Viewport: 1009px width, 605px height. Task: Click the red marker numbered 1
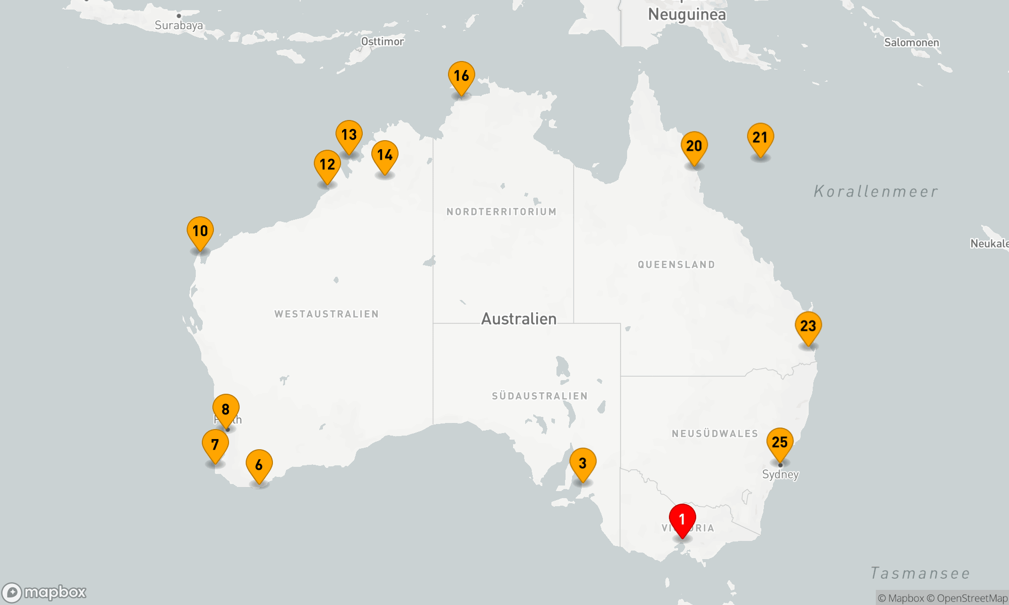tap(682, 519)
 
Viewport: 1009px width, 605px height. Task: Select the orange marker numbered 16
tap(461, 76)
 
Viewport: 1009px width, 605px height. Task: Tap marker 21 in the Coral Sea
tap(760, 138)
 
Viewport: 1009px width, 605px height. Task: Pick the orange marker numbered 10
tap(200, 231)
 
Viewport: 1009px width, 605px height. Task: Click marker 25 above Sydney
tap(779, 443)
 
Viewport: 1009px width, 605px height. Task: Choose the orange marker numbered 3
tap(583, 463)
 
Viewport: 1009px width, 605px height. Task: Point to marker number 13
tap(349, 135)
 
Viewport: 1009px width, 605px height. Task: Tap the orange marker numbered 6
tap(259, 465)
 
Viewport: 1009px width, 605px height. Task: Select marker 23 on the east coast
tap(808, 326)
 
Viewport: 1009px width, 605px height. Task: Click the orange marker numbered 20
tap(694, 146)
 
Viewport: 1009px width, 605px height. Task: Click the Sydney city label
tap(780, 474)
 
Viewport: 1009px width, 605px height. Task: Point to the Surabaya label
tap(179, 25)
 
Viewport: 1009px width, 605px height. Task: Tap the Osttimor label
tap(382, 41)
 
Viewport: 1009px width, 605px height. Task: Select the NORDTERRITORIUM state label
tap(501, 212)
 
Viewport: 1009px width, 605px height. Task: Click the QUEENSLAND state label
tap(676, 265)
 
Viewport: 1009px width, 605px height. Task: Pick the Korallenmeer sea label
tap(876, 192)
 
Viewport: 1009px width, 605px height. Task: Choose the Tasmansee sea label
tap(920, 573)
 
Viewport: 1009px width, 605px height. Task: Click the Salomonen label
tap(912, 42)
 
